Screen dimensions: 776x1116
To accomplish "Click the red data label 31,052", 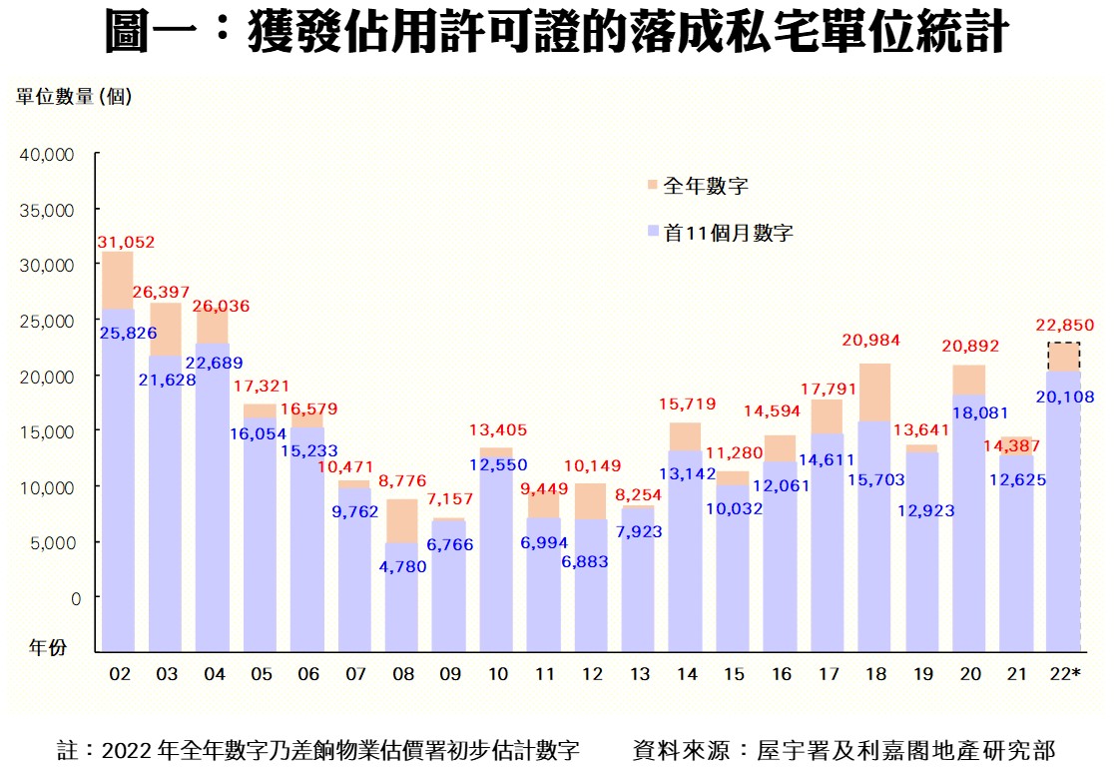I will click(126, 242).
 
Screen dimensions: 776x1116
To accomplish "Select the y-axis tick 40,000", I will click(47, 155).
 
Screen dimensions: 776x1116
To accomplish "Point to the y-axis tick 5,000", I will click(51, 542).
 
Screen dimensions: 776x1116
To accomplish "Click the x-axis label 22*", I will click(1064, 675).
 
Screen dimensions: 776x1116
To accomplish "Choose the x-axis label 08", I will click(402, 675).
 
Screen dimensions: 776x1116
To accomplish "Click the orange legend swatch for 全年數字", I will click(652, 186).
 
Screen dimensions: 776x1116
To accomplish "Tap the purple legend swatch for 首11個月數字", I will click(652, 233).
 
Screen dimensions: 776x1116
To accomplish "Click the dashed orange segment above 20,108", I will click(1063, 357).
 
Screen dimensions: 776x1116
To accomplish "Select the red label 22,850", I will click(1066, 325).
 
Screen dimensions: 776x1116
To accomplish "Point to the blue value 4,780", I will click(402, 566).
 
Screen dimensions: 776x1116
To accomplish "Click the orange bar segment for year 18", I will click(874, 391).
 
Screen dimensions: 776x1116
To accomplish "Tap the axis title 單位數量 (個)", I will click(74, 96).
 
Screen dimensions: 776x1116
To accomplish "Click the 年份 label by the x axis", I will click(47, 647).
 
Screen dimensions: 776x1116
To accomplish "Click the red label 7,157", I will click(450, 498).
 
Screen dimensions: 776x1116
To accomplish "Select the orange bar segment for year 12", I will click(591, 501).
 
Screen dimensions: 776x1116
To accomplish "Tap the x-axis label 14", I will click(686, 675).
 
